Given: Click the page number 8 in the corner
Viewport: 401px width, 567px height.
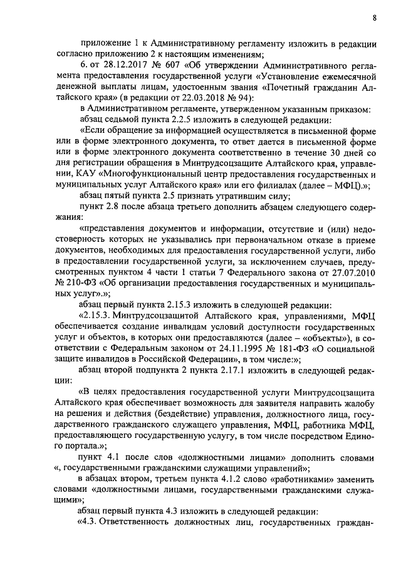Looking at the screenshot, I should click(373, 18).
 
